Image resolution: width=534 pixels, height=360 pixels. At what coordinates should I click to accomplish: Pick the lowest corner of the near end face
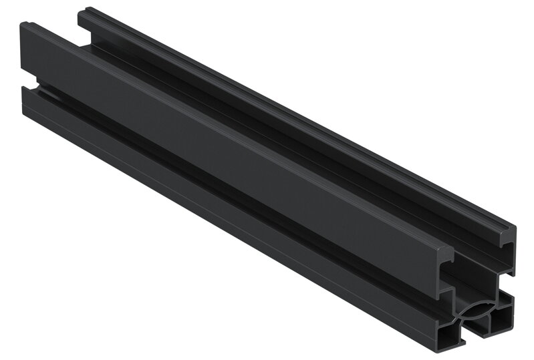click(x=441, y=351)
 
